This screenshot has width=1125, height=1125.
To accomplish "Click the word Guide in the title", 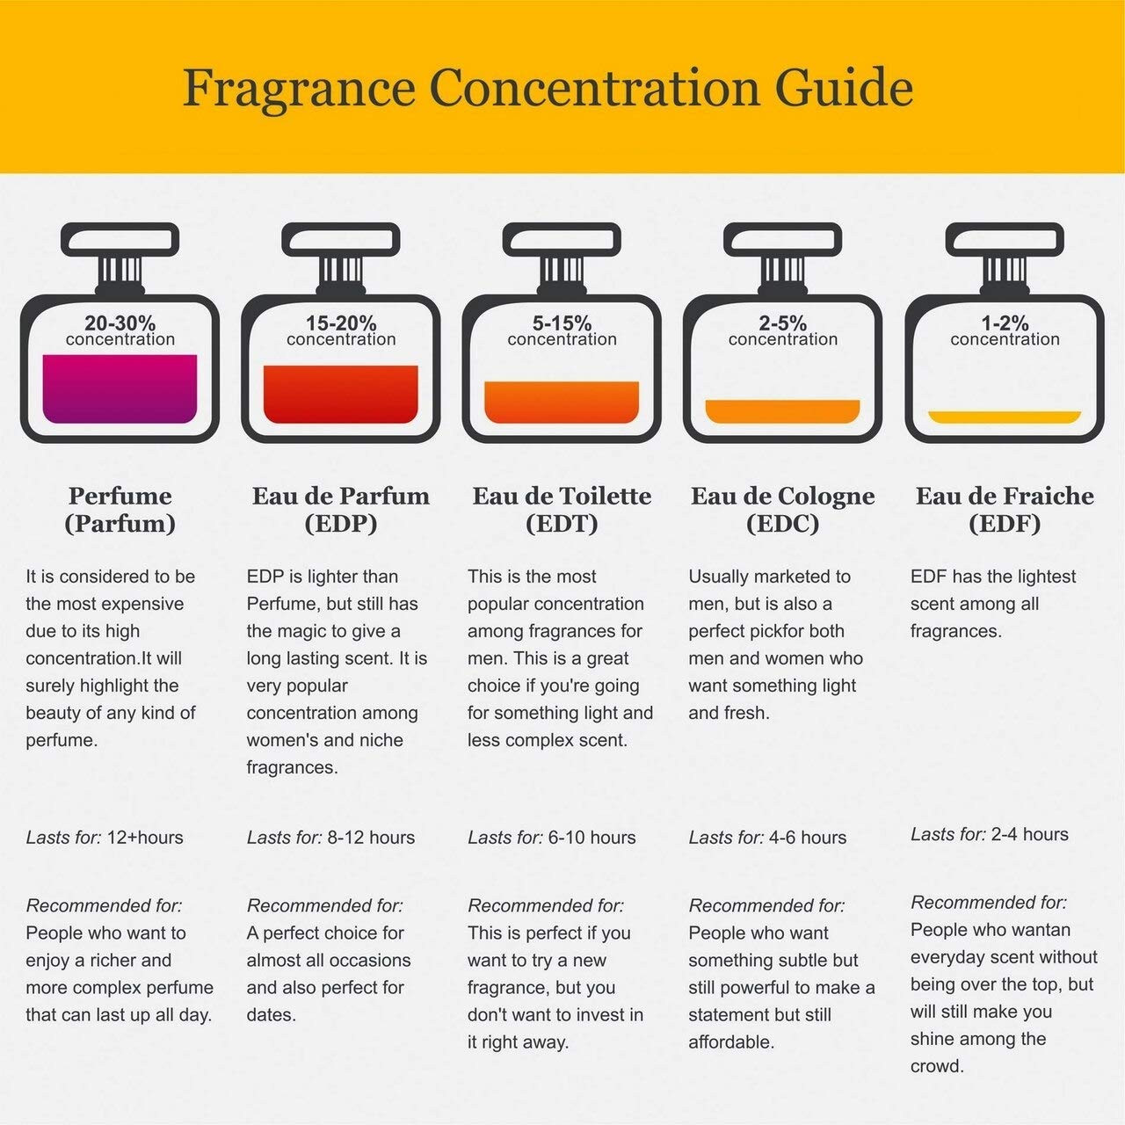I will pyautogui.click(x=844, y=88).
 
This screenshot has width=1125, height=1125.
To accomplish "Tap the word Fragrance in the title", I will pyautogui.click(x=299, y=88).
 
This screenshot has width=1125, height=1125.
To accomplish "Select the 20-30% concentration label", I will pyautogui.click(x=120, y=330).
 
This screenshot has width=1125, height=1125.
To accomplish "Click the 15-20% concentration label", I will pyautogui.click(x=341, y=330).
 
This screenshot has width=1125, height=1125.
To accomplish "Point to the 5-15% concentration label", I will pyautogui.click(x=562, y=330).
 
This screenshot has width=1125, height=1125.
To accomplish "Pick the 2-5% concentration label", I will pyautogui.click(x=783, y=330).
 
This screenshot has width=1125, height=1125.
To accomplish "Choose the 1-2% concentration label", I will pyautogui.click(x=1005, y=330).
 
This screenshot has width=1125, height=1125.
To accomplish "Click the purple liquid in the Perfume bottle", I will pyautogui.click(x=120, y=388).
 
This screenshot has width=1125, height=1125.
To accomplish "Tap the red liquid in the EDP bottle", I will pyautogui.click(x=341, y=394).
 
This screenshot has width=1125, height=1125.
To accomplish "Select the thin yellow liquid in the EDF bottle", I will pyautogui.click(x=1005, y=417).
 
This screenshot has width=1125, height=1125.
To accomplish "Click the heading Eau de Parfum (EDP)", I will pyautogui.click(x=341, y=510).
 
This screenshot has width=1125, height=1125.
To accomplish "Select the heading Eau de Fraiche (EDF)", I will pyautogui.click(x=1005, y=510).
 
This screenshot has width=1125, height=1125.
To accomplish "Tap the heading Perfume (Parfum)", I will pyautogui.click(x=120, y=510).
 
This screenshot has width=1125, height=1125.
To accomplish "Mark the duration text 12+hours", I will pyautogui.click(x=145, y=838).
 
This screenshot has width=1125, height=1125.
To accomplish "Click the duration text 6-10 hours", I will pyautogui.click(x=592, y=838).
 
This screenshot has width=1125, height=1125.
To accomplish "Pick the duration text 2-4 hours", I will pyautogui.click(x=1029, y=834).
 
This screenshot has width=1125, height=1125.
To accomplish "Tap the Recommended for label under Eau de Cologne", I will pyautogui.click(x=766, y=905).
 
